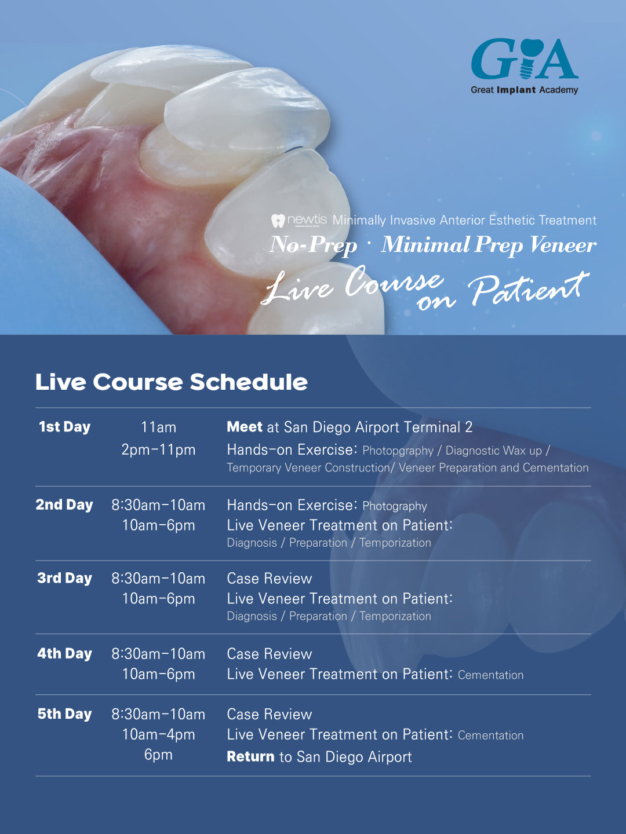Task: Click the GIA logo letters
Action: click(525, 59)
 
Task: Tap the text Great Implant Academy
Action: click(524, 90)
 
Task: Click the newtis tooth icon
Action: click(278, 221)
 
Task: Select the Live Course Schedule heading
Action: click(172, 382)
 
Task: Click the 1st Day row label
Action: click(64, 427)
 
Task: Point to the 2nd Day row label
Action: click(64, 505)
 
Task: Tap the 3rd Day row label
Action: click(64, 578)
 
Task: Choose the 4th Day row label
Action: click(64, 654)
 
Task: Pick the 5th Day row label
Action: click(64, 714)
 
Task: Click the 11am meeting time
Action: click(158, 427)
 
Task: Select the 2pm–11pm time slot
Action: click(158, 450)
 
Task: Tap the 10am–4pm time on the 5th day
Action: click(158, 734)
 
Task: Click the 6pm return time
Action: click(158, 755)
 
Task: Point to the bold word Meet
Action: click(245, 427)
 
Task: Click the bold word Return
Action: click(250, 756)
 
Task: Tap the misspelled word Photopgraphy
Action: click(398, 451)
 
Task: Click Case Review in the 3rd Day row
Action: click(270, 579)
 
